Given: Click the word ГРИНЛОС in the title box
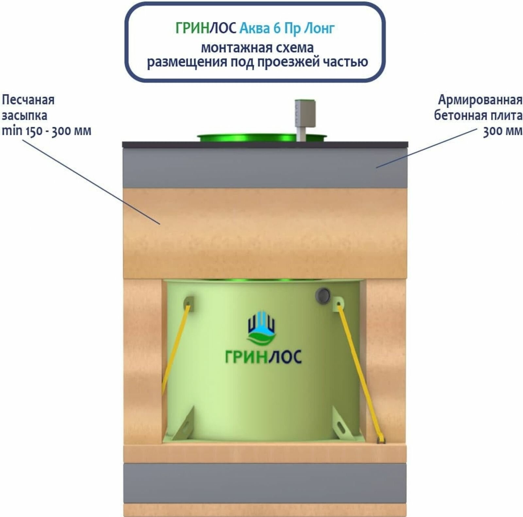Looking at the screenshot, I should pyautogui.click(x=206, y=28).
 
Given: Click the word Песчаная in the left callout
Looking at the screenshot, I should pyautogui.click(x=28, y=100).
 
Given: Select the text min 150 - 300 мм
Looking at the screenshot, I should pyautogui.click(x=46, y=131).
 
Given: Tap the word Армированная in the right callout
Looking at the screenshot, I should pyautogui.click(x=480, y=100).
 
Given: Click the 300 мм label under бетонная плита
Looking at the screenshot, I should pyautogui.click(x=502, y=131).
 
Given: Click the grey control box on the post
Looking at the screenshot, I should pyautogui.click(x=305, y=113).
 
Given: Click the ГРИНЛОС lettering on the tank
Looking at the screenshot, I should pyautogui.click(x=263, y=357).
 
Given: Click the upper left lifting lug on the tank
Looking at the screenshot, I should pyautogui.click(x=189, y=302).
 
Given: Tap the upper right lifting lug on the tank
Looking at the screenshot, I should pyautogui.click(x=338, y=302).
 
